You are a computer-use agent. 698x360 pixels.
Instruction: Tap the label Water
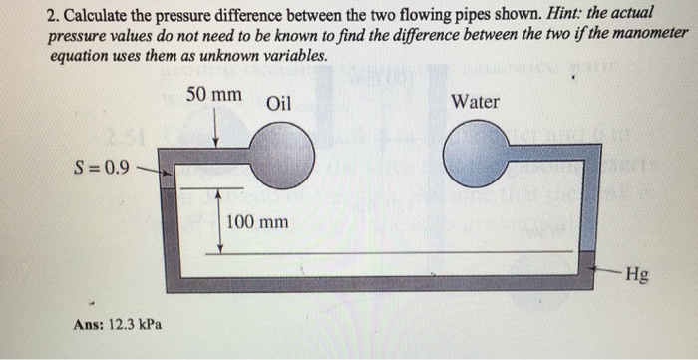click(476, 102)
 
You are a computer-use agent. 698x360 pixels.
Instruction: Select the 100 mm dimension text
click(258, 220)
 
